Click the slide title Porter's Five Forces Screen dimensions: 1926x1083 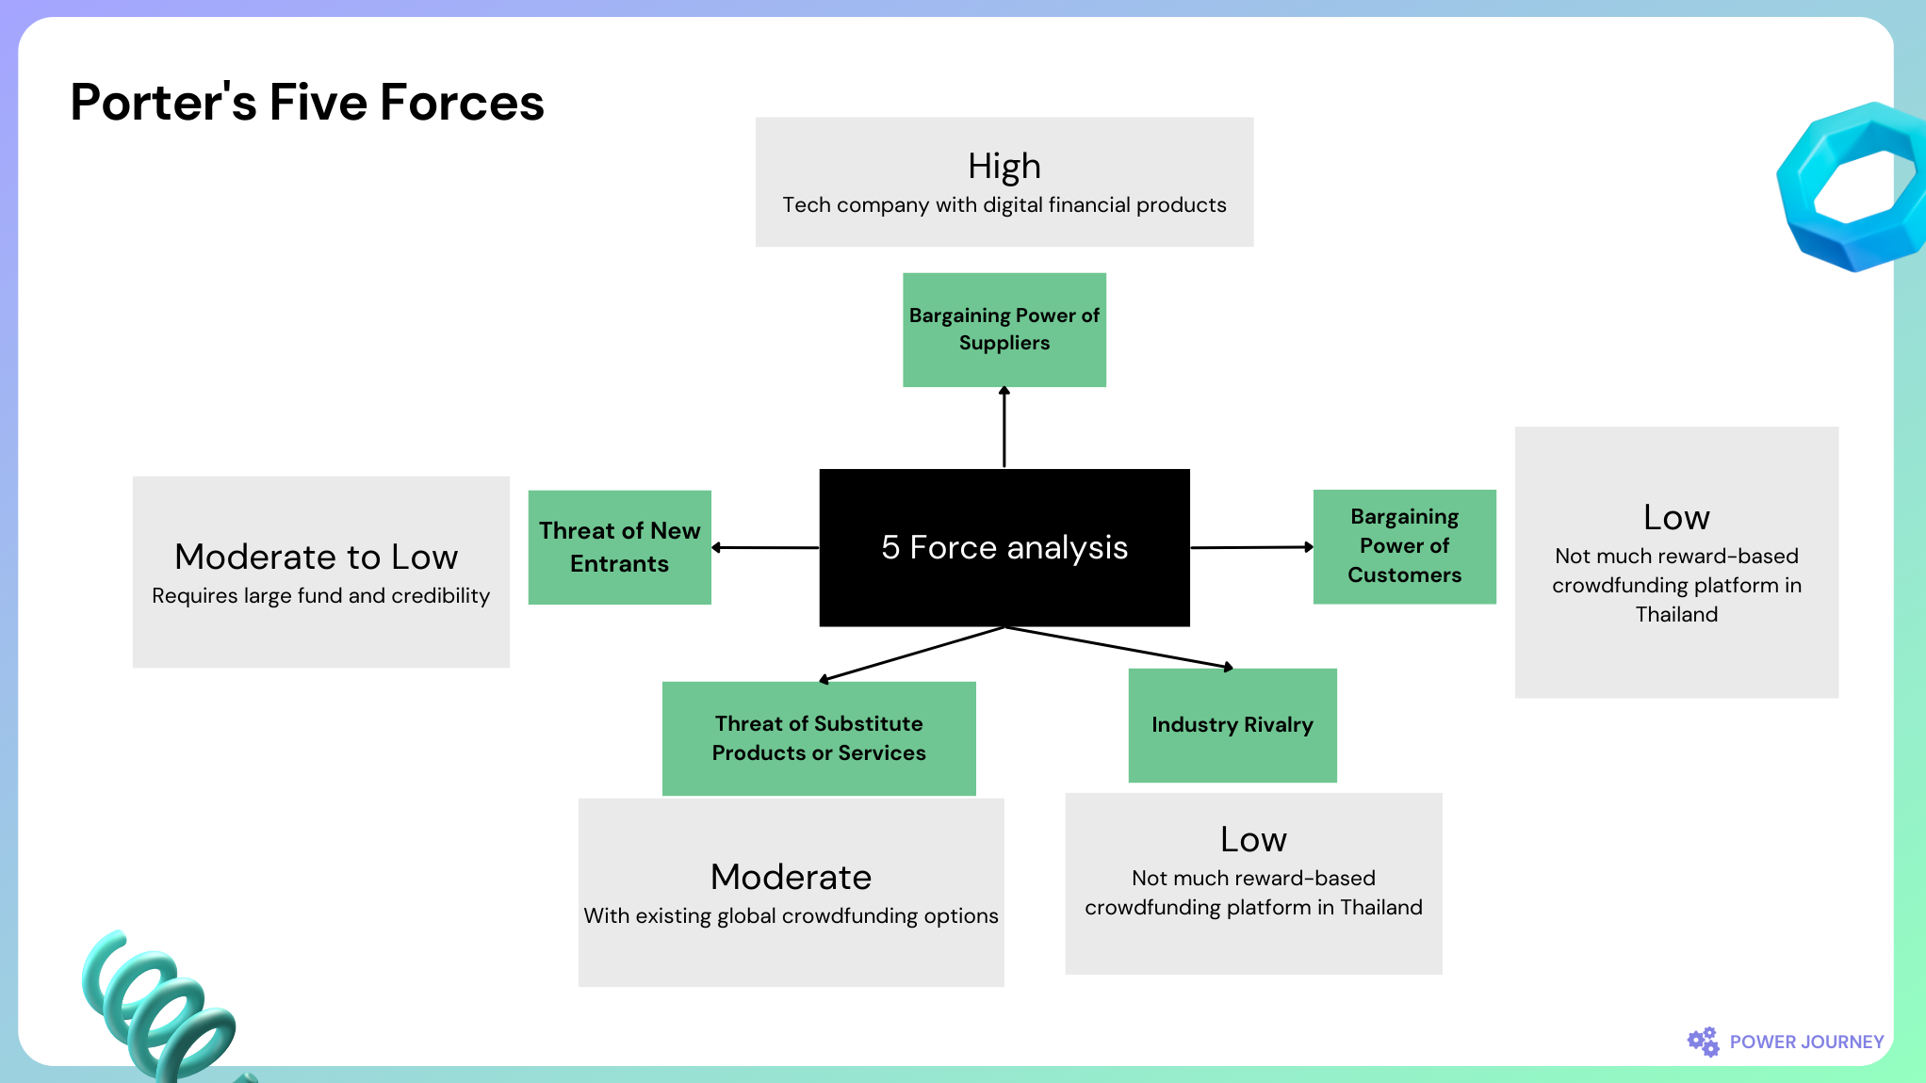pyautogui.click(x=307, y=102)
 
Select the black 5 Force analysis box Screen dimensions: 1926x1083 pyautogui.click(x=1004, y=547)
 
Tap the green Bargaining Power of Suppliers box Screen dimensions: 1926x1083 pyautogui.click(x=1004, y=330)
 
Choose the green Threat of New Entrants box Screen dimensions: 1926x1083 pyautogui.click(x=620, y=547)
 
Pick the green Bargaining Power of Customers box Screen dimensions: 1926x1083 pyautogui.click(x=1405, y=546)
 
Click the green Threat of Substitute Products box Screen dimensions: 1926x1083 pyautogui.click(x=819, y=738)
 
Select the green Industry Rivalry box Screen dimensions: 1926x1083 pyautogui.click(x=1232, y=725)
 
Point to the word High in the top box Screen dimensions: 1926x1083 pyautogui.click(x=1004, y=167)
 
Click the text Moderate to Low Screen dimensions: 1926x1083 pyautogui.click(x=317, y=557)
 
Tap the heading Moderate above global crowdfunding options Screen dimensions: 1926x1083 pyautogui.click(x=792, y=877)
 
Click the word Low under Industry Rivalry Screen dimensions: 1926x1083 pyautogui.click(x=1253, y=839)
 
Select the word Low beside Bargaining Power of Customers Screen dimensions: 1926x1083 pyautogui.click(x=1676, y=517)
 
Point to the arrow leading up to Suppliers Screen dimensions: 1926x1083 pyautogui.click(x=1004, y=427)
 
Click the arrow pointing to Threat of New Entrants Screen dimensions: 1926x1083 pyautogui.click(x=765, y=547)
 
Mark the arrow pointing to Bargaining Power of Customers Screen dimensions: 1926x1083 pyautogui.click(x=1252, y=547)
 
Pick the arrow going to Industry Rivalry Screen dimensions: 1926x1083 pyautogui.click(x=1119, y=648)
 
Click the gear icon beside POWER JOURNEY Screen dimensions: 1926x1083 pyautogui.click(x=1703, y=1042)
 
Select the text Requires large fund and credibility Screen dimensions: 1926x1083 pyautogui.click(x=321, y=596)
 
